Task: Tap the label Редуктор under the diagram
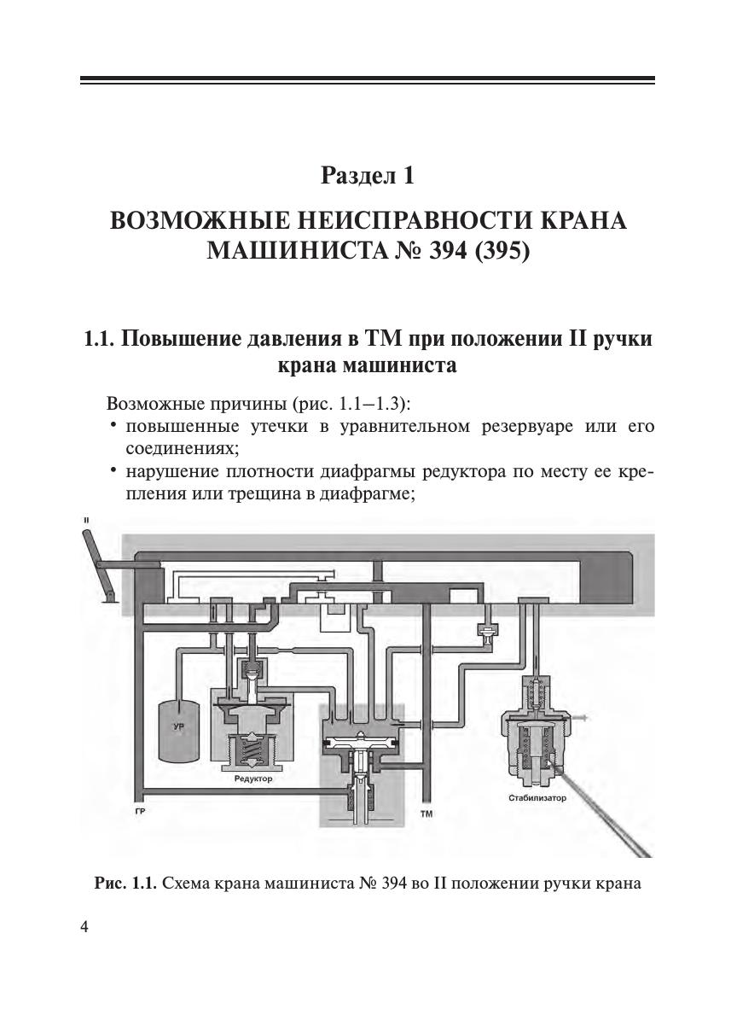[252, 779]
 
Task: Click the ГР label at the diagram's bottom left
[139, 812]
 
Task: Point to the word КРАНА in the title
[580, 221]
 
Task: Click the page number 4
[84, 928]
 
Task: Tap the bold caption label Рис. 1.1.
[125, 883]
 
